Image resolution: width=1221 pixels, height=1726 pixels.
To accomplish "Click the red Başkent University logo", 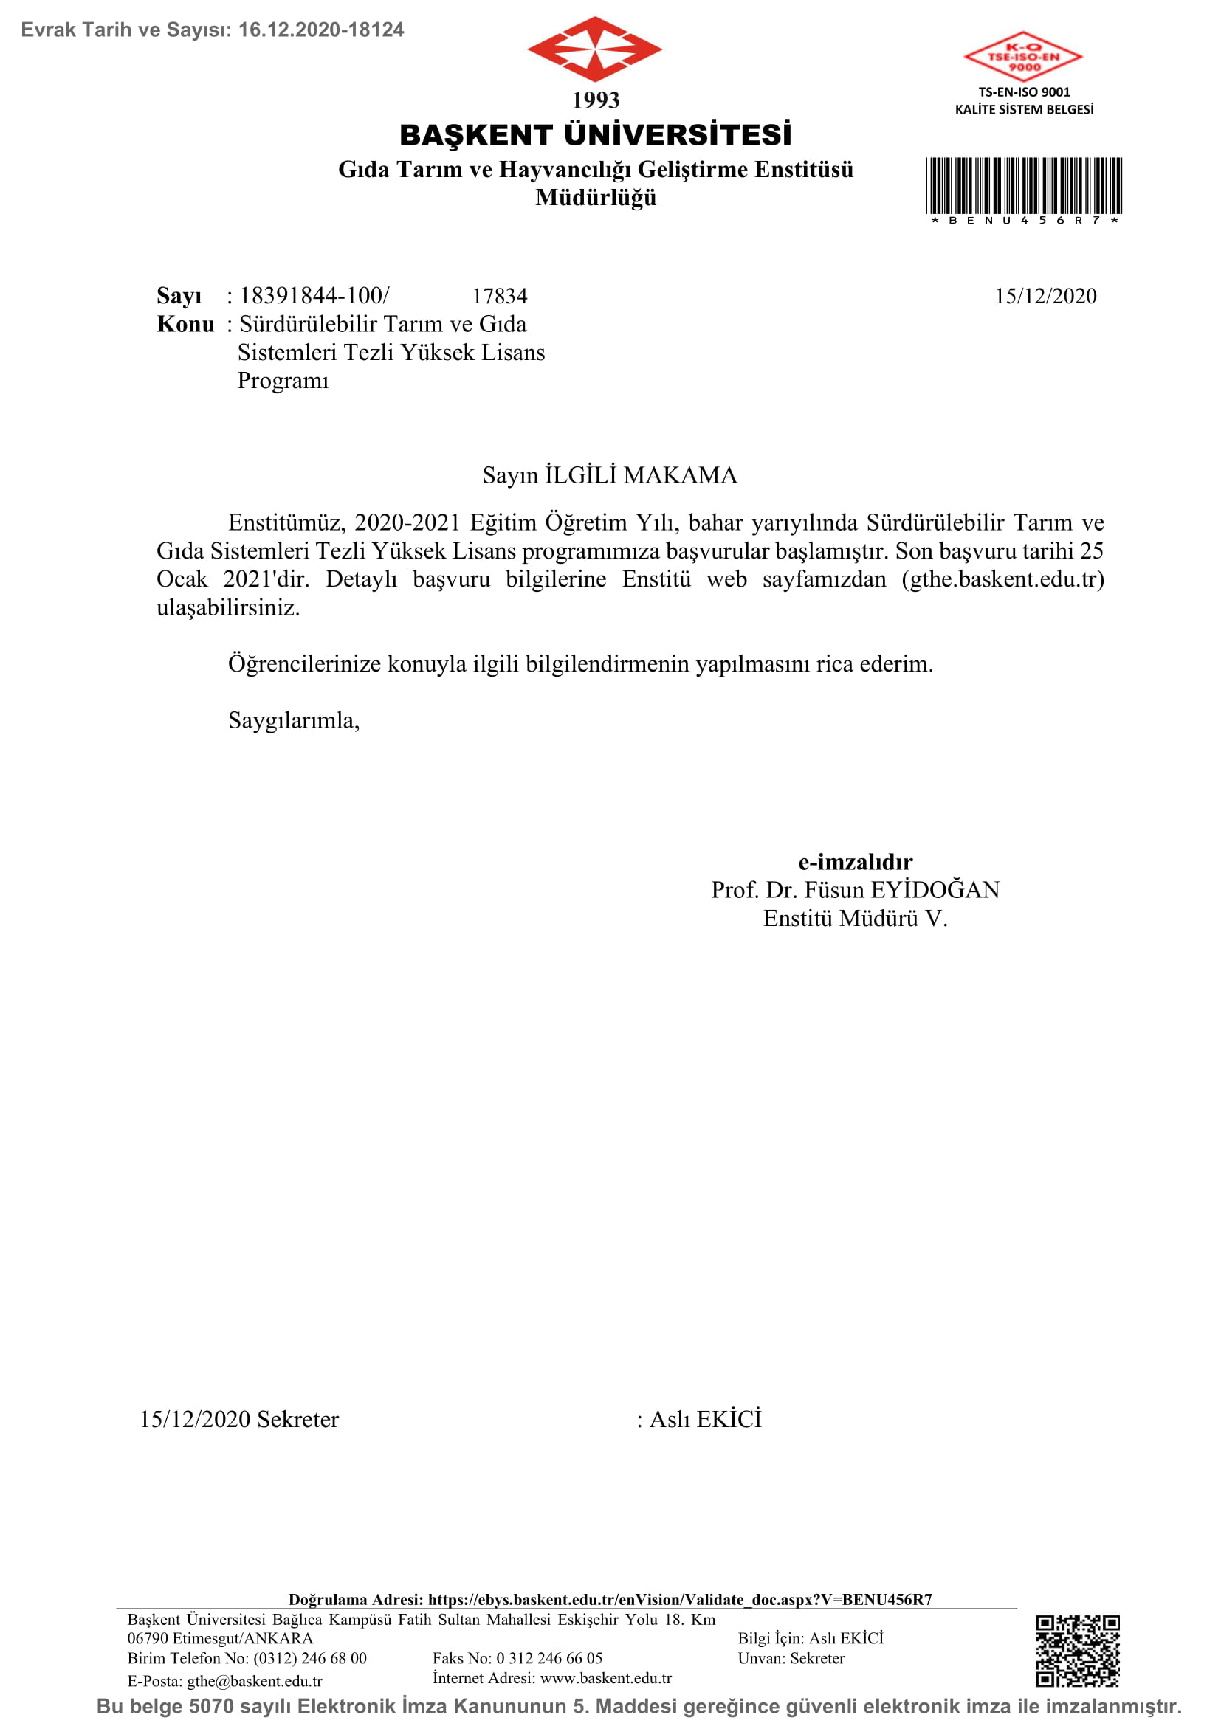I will point(594,49).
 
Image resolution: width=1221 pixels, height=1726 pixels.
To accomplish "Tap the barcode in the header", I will point(1023,186).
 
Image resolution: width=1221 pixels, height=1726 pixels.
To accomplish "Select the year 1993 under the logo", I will point(596,100).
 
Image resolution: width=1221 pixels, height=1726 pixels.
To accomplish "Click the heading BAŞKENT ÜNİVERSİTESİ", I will point(596,135).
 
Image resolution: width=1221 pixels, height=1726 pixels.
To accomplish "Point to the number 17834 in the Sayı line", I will point(499,296).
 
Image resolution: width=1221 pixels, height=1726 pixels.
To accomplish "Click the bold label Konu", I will point(185,325).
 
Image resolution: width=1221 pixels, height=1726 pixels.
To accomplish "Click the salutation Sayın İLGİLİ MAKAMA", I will point(610,475).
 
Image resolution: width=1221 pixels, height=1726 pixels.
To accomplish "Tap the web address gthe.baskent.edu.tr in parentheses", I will point(1003,579).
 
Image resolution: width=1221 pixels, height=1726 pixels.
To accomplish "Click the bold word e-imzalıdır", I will point(855,861).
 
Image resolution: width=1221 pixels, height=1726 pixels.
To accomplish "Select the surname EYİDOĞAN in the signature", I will point(935,890).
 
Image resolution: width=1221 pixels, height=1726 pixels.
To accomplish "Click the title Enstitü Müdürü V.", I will point(855,919).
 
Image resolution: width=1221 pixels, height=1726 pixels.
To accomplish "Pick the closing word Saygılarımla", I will point(293,721).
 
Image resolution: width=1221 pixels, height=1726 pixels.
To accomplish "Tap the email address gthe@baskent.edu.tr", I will point(254,1682).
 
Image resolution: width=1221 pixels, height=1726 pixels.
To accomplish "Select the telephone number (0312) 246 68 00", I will point(310,1658).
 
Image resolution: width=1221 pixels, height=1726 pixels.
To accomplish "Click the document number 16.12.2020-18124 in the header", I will point(321,30).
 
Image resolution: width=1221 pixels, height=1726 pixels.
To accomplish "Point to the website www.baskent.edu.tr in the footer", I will point(606,1678).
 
